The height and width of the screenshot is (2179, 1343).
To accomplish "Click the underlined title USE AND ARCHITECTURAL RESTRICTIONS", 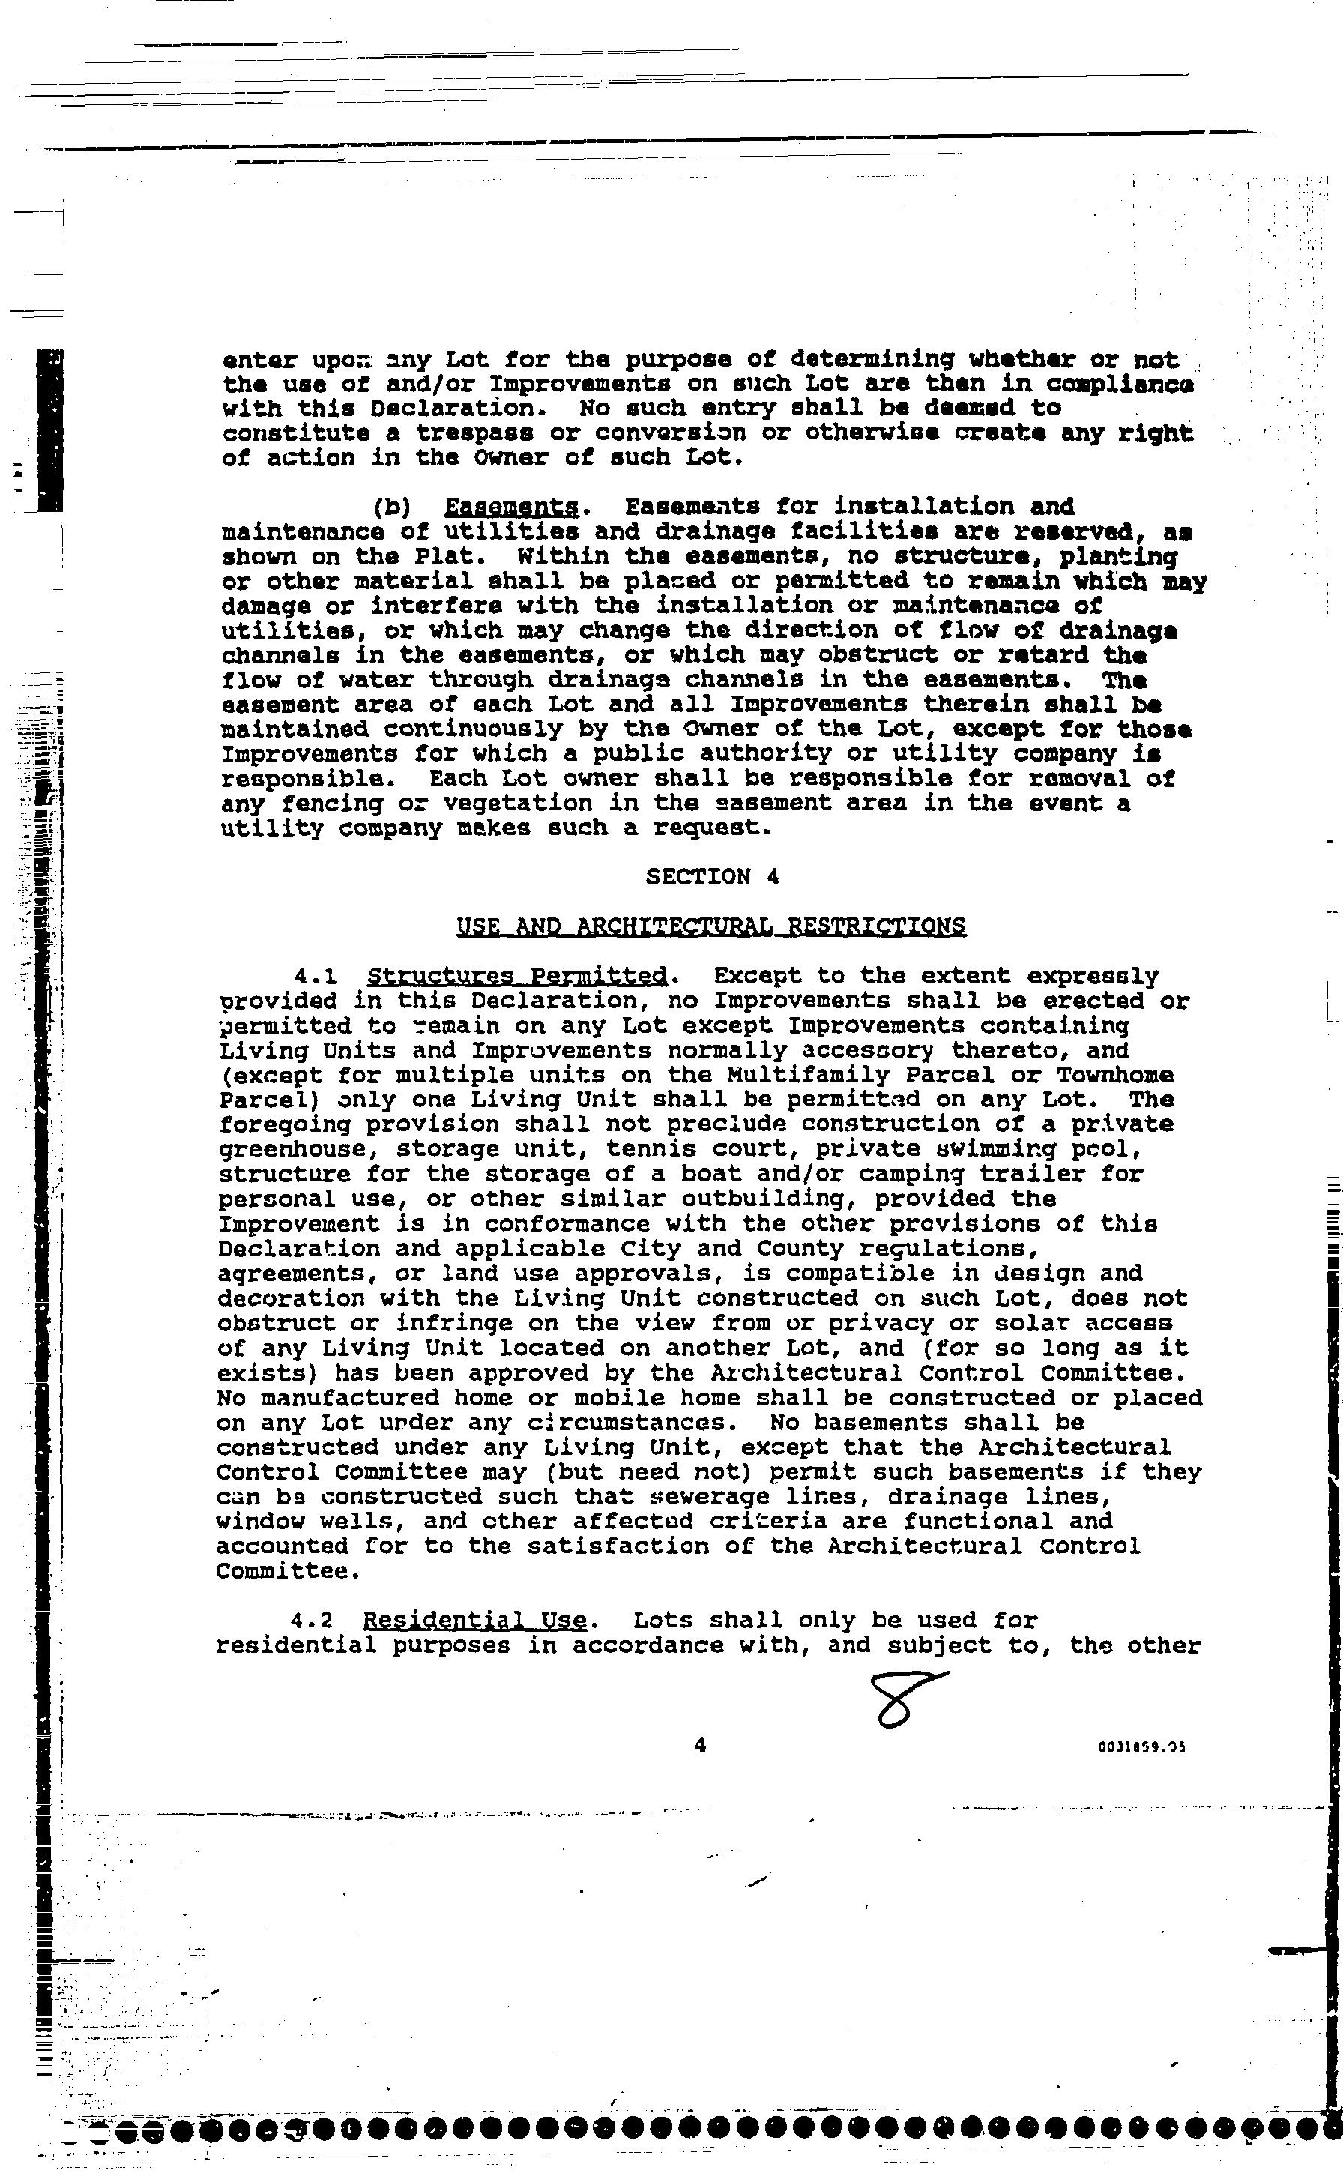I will click(710, 926).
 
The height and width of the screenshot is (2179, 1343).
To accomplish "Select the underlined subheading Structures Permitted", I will click(517, 976).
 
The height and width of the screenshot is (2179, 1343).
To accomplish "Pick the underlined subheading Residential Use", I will click(474, 1621).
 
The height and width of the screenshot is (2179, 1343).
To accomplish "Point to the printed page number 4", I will click(700, 1746).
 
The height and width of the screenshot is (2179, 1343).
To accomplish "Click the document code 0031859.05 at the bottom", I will click(1141, 1747).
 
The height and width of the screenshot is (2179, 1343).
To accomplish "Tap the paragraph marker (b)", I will click(390, 507).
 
